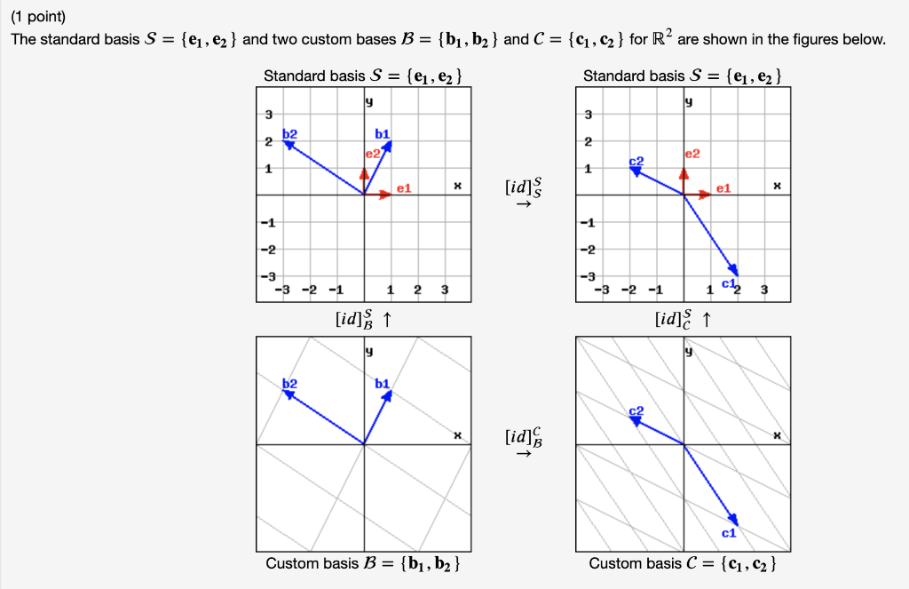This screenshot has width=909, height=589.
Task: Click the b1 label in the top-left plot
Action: [x=383, y=134]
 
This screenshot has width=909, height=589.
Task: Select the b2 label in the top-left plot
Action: [x=290, y=134]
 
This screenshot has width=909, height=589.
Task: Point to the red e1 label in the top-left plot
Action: [x=404, y=188]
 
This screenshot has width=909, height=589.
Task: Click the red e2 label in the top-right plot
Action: [x=692, y=154]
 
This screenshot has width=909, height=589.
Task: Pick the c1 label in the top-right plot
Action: [x=728, y=283]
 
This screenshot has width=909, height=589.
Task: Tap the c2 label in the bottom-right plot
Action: [x=636, y=410]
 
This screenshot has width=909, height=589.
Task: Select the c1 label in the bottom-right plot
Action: [x=728, y=533]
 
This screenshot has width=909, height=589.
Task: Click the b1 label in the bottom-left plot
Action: [x=383, y=383]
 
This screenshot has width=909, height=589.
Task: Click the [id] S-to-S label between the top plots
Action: [x=519, y=188]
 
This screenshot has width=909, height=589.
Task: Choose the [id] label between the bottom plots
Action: [x=519, y=437]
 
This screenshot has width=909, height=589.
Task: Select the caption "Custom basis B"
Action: [x=362, y=563]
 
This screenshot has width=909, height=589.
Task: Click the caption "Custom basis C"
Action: [x=684, y=563]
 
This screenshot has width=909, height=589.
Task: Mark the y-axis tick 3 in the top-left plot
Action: [x=267, y=115]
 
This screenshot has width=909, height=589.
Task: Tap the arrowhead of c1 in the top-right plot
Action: [x=735, y=270]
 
